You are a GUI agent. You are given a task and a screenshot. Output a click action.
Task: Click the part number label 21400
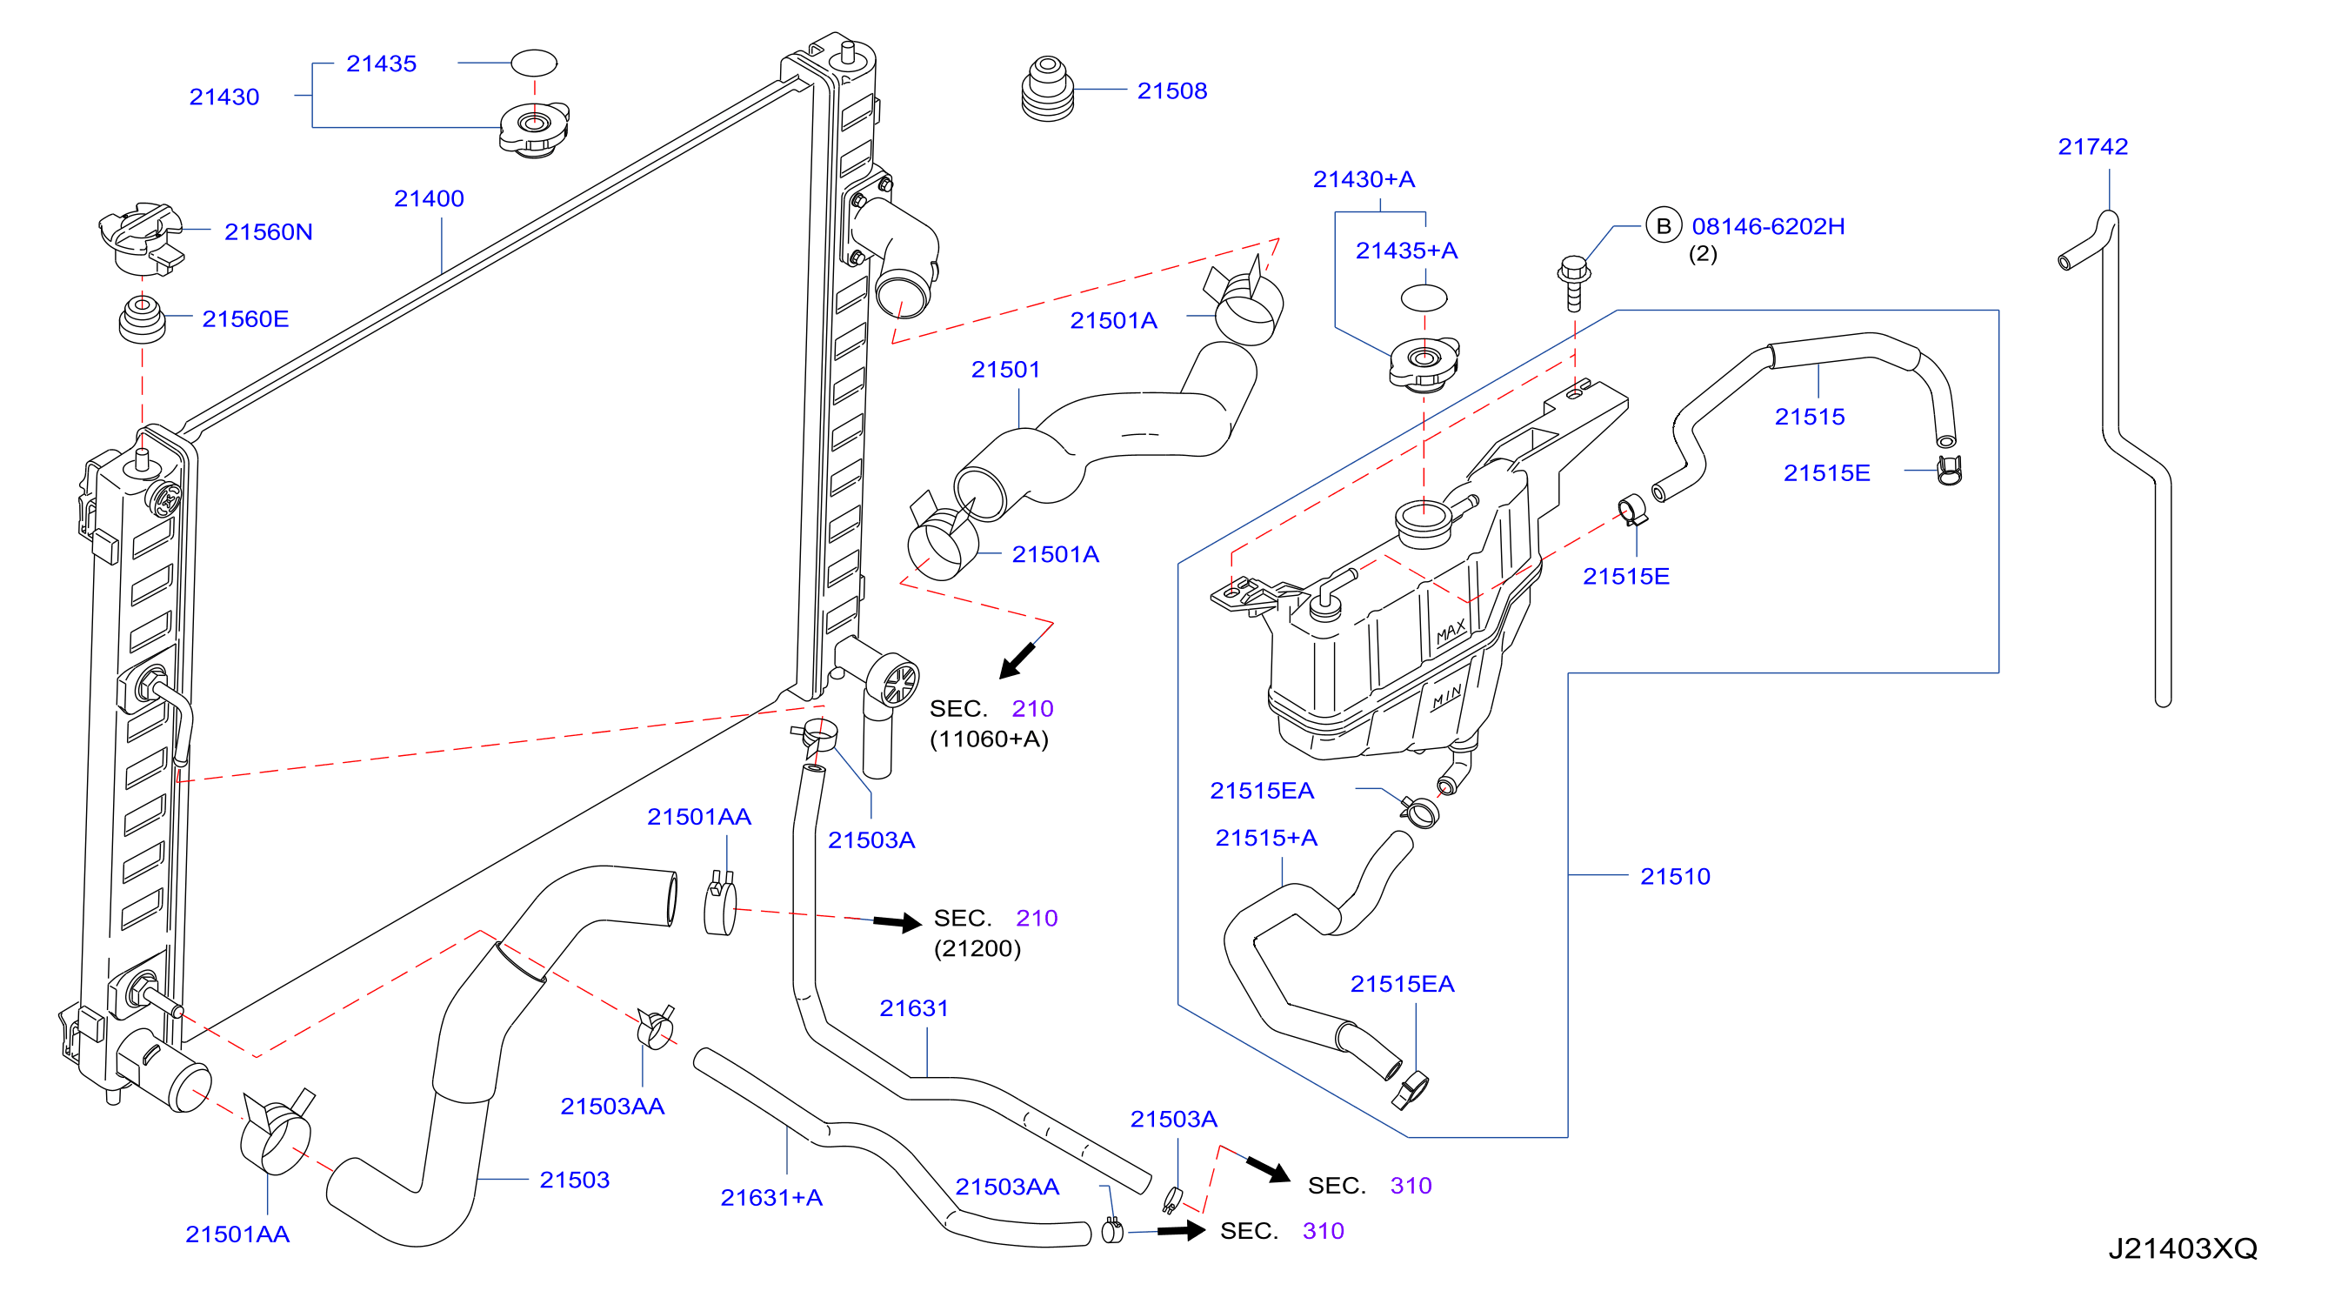point(429,197)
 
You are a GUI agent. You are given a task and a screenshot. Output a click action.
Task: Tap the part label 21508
point(1172,90)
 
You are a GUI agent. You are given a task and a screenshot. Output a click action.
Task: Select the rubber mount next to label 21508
point(1047,90)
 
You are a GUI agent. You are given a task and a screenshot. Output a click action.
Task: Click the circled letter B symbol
point(1664,225)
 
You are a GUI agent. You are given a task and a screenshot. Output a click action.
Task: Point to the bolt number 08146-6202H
point(1768,226)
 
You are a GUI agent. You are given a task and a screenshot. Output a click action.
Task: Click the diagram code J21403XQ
point(2182,1248)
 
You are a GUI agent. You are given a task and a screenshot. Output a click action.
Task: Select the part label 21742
point(2093,146)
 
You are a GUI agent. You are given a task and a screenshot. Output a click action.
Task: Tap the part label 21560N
point(268,231)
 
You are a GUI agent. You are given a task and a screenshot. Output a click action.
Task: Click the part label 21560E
point(245,318)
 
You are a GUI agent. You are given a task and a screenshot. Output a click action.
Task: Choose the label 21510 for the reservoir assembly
point(1675,876)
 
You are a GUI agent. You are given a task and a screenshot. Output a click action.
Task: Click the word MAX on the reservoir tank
point(1451,632)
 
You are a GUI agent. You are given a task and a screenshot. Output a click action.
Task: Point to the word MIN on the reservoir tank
point(1446,698)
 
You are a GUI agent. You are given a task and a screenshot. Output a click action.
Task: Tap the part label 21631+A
point(771,1197)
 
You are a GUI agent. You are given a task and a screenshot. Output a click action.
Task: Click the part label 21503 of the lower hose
point(574,1179)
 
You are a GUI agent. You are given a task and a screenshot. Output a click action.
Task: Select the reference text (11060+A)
point(989,739)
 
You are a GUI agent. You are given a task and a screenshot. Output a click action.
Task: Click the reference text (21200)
point(977,948)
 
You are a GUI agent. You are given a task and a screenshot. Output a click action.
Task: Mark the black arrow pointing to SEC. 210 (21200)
point(897,923)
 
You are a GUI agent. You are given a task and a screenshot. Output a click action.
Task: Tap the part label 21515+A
point(1266,838)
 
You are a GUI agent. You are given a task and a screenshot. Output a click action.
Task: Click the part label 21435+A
point(1406,250)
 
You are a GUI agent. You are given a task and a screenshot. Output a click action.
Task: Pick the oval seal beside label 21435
point(533,63)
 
